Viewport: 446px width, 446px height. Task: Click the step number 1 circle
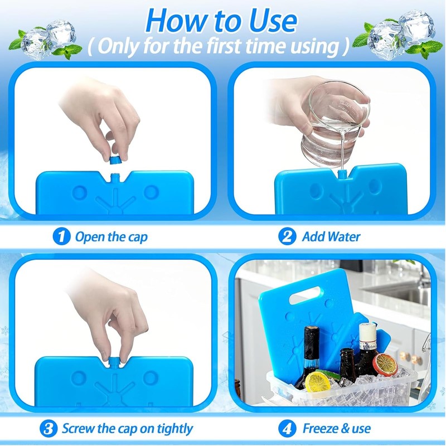(x=61, y=236)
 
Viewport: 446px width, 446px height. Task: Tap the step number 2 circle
(x=287, y=236)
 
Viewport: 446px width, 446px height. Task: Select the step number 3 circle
(x=49, y=429)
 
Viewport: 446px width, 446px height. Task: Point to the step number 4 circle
(x=287, y=429)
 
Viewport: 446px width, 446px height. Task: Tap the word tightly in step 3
(x=175, y=429)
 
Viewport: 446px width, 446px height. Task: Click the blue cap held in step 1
(x=115, y=160)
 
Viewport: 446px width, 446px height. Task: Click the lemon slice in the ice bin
(x=317, y=382)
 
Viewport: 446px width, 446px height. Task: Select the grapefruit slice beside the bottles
(x=385, y=365)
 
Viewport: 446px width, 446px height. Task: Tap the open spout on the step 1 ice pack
(x=115, y=178)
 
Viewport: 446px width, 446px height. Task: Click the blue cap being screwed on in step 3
(x=115, y=361)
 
